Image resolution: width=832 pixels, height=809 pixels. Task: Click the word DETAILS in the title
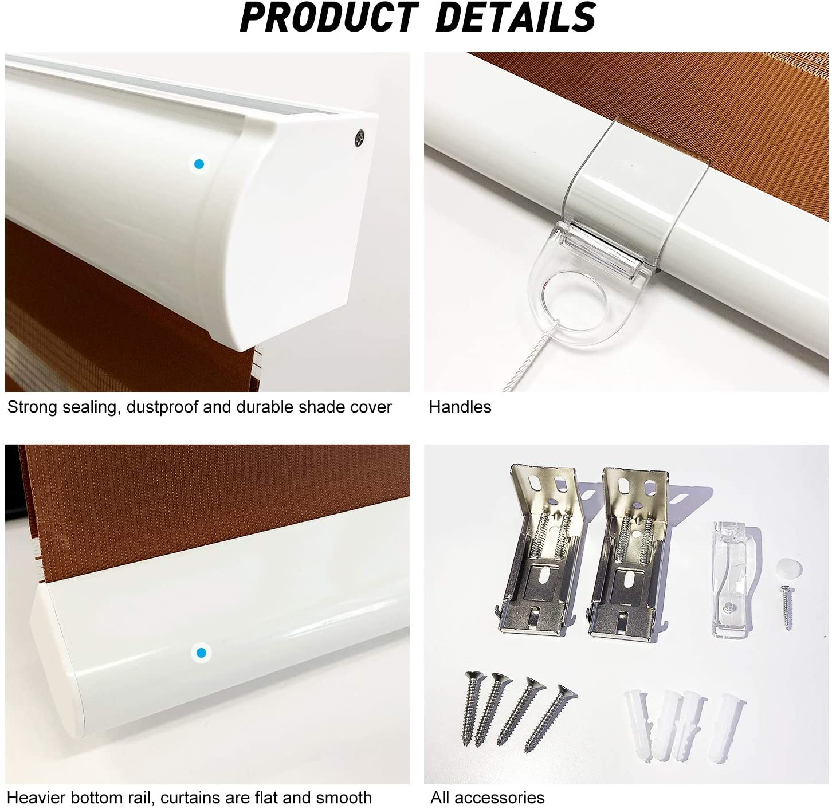click(x=516, y=17)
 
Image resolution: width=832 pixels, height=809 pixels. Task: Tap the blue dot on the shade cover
click(x=199, y=164)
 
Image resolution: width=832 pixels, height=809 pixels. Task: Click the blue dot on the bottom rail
click(x=201, y=653)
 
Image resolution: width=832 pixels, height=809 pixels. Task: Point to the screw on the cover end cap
click(x=360, y=138)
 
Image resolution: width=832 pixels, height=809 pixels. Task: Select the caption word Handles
click(x=460, y=407)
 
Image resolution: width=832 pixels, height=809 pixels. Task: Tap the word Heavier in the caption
click(x=36, y=798)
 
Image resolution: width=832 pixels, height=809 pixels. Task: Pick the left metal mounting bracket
click(x=541, y=551)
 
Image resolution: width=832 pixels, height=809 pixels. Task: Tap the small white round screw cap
click(x=788, y=569)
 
